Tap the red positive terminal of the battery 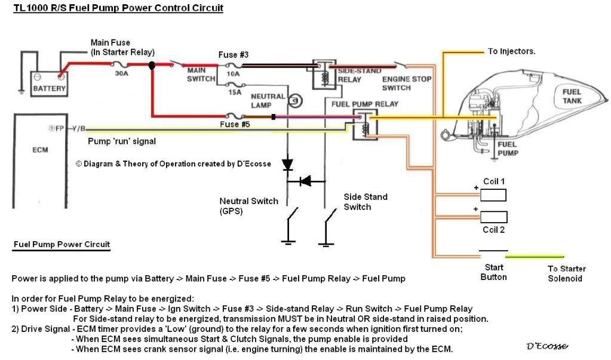pyautogui.click(x=60, y=76)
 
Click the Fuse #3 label pyautogui.click(x=233, y=54)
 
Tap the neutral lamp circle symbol pyautogui.click(x=293, y=101)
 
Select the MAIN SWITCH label pyautogui.click(x=196, y=74)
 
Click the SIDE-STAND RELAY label pyautogui.click(x=359, y=75)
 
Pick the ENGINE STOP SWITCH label pyautogui.click(x=406, y=84)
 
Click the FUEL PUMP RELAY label pyautogui.click(x=364, y=104)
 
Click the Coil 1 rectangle pyautogui.click(x=493, y=195)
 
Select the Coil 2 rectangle pyautogui.click(x=493, y=217)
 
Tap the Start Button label pyautogui.click(x=493, y=272)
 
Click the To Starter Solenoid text pyautogui.click(x=567, y=273)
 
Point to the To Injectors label pyautogui.click(x=511, y=51)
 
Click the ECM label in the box pyautogui.click(x=40, y=150)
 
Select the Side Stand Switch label pyautogui.click(x=366, y=202)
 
